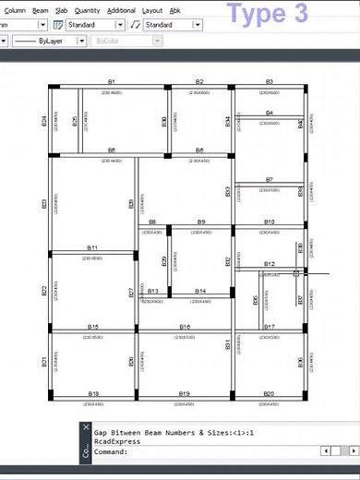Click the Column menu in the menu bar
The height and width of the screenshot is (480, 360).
(15, 10)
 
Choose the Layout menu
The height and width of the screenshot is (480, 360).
(151, 10)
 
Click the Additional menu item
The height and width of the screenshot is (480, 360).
(121, 10)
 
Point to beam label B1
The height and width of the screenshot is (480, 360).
(112, 82)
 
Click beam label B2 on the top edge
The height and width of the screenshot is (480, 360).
(199, 82)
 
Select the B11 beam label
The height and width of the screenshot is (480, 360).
(92, 248)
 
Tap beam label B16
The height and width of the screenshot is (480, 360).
(185, 328)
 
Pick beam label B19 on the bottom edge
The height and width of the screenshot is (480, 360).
(185, 394)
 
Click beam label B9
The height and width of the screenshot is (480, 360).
(201, 222)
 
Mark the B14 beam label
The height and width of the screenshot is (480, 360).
(200, 292)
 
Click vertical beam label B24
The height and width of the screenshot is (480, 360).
(44, 120)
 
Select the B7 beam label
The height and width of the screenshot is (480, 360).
(269, 180)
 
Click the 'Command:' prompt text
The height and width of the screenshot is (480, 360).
(111, 452)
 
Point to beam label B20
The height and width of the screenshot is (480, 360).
(269, 394)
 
